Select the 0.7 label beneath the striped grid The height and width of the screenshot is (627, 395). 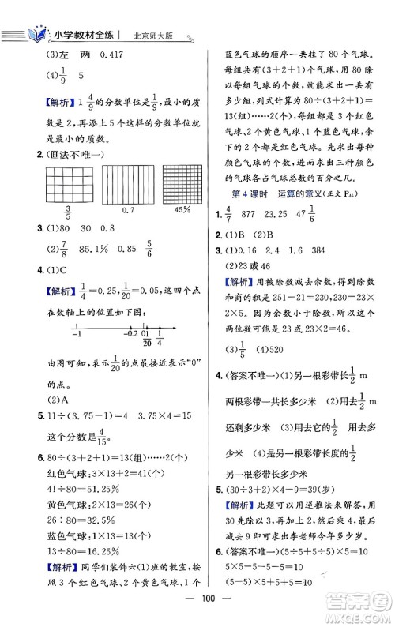pyautogui.click(x=120, y=209)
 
